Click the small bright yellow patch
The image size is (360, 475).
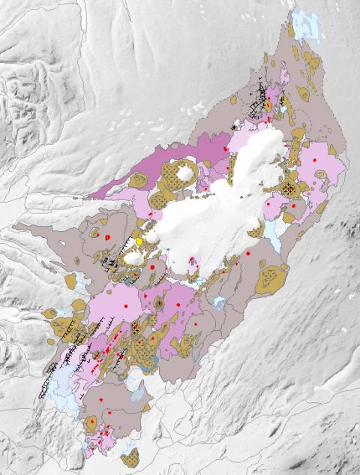point(139,242)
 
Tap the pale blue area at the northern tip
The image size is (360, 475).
point(304,26)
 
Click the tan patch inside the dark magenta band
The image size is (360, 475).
point(139,180)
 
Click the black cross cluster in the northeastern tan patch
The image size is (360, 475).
point(289,188)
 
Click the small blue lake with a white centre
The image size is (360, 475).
point(219,302)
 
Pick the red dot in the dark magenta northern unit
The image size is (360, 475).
point(224,149)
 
